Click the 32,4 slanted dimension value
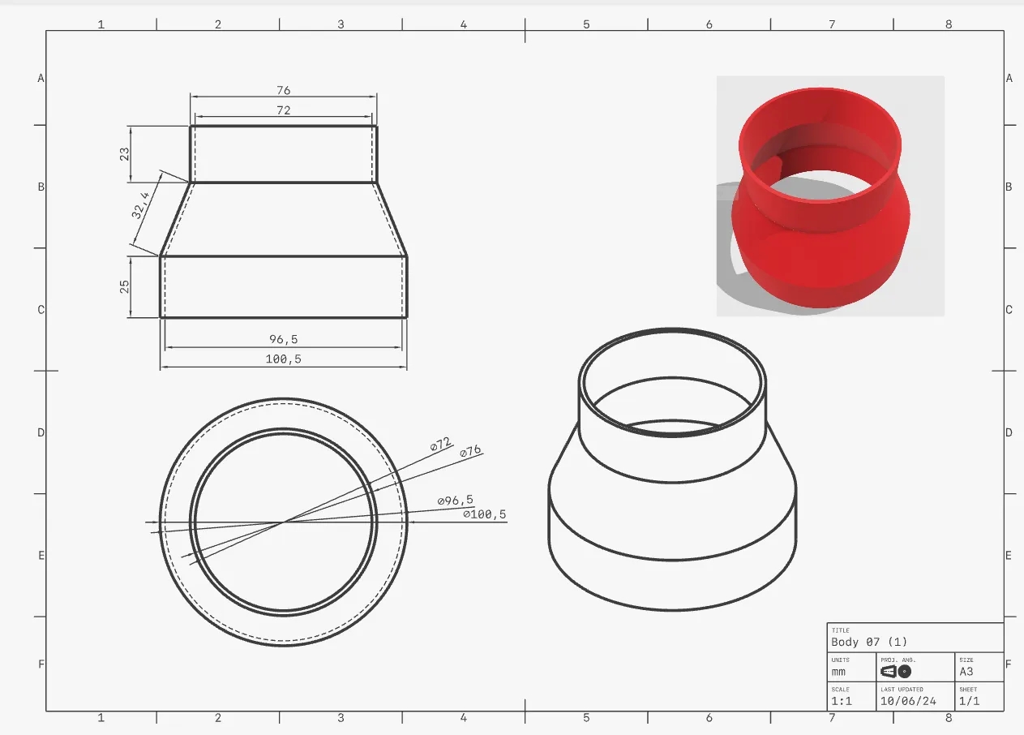141,206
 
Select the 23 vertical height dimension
125,153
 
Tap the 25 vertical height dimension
125,287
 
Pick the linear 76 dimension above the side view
283,90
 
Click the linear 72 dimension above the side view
283,110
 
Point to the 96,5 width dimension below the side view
283,339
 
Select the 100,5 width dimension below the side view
283,359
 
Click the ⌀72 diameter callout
440,445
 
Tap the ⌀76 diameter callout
470,452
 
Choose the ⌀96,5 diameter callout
455,501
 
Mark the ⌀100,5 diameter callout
484,514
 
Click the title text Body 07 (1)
869,642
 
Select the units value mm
838,672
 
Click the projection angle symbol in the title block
896,672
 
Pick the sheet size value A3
966,672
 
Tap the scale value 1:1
841,701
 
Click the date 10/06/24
908,701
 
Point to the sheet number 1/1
969,701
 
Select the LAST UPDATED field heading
902,689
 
